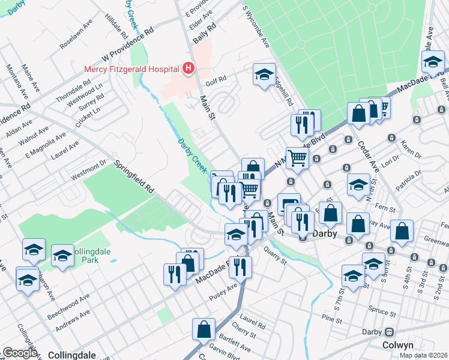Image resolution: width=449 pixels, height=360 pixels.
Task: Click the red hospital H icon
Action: [x=188, y=69]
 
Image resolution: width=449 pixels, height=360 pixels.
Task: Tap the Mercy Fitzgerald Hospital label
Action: [x=133, y=69]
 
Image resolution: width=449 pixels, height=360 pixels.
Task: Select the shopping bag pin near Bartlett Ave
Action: [x=203, y=329]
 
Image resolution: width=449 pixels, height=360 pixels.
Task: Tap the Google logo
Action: [x=20, y=353]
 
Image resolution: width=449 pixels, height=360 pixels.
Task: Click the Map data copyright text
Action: [x=424, y=355]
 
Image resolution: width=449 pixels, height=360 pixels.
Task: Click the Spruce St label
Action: [x=375, y=313]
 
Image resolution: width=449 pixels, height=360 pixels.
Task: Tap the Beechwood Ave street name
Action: [x=70, y=299]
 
